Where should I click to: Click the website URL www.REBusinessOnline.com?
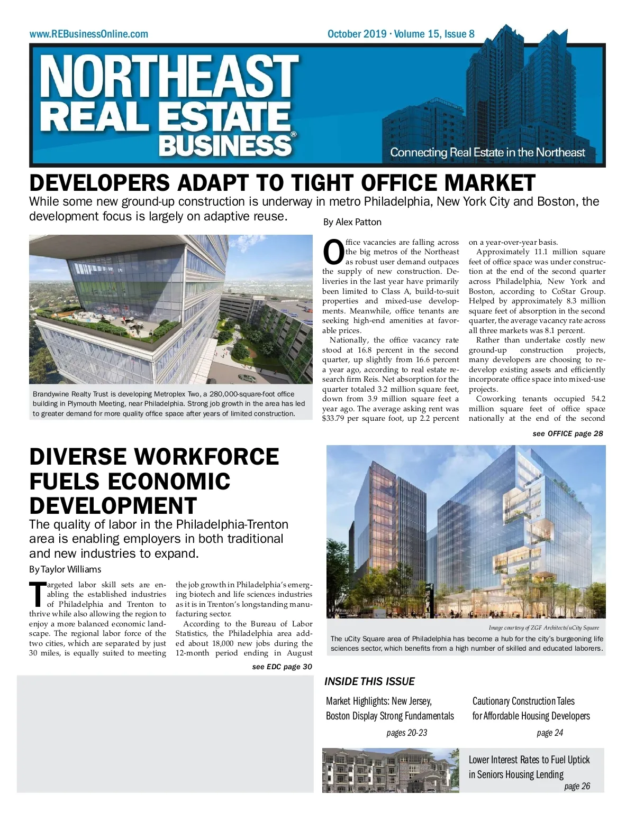pyautogui.click(x=89, y=34)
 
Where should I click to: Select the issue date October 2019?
pyautogui.click(x=357, y=34)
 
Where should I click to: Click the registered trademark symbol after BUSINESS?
pyautogui.click(x=294, y=134)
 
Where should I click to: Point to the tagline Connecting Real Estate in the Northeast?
pyautogui.click(x=487, y=153)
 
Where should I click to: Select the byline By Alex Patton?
pyautogui.click(x=352, y=222)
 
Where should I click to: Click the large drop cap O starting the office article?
pyautogui.click(x=333, y=252)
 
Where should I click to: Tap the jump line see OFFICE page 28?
pyautogui.click(x=567, y=433)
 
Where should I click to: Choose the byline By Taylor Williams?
pyautogui.click(x=65, y=569)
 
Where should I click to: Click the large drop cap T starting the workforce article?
pyautogui.click(x=37, y=594)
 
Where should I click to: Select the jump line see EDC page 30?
pyautogui.click(x=282, y=667)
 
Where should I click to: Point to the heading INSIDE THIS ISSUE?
pyautogui.click(x=369, y=681)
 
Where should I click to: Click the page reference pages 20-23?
pyautogui.click(x=406, y=733)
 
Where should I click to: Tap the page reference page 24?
pyautogui.click(x=550, y=733)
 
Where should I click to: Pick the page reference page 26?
pyautogui.click(x=577, y=786)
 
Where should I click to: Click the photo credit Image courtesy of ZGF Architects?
pyautogui.click(x=543, y=627)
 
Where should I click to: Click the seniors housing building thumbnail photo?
pyautogui.click(x=391, y=770)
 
